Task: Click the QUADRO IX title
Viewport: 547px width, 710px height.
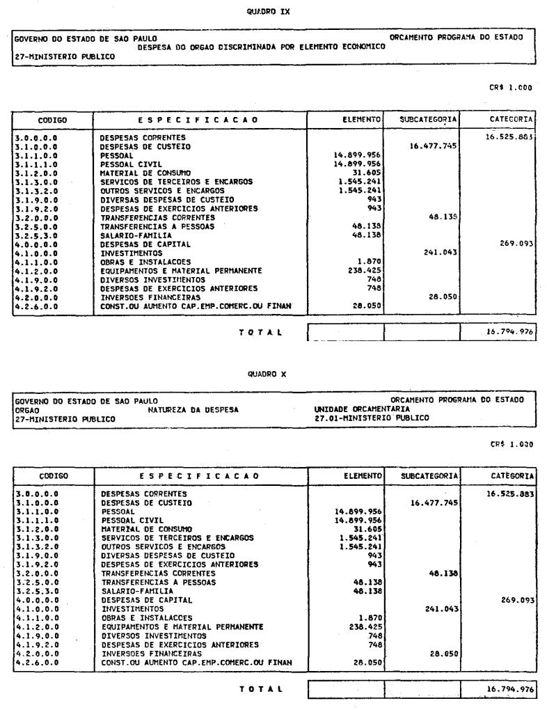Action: (x=273, y=11)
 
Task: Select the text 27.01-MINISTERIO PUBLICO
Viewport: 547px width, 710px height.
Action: (x=372, y=418)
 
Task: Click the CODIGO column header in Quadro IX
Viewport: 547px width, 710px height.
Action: (x=52, y=120)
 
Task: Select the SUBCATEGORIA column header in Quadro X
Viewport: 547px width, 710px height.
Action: (x=422, y=476)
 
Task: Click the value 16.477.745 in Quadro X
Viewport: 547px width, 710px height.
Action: (x=429, y=503)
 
